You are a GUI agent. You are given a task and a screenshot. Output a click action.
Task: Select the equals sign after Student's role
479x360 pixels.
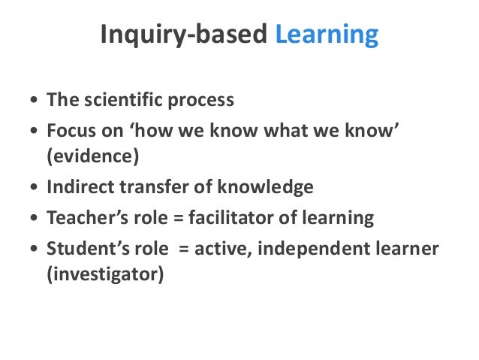click(x=183, y=250)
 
